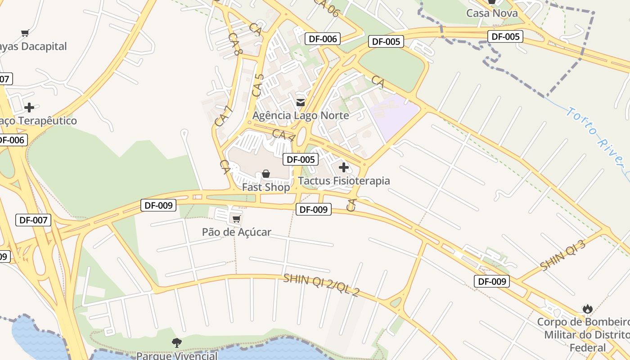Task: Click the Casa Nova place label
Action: (492, 13)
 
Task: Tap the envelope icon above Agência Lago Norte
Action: (301, 103)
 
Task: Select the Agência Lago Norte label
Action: (301, 116)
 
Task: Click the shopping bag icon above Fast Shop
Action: (266, 174)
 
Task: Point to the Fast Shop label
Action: (266, 187)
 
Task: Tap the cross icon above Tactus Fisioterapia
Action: (344, 168)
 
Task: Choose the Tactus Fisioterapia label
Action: (344, 181)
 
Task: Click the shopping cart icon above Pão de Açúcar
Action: (236, 219)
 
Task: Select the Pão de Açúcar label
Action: (236, 232)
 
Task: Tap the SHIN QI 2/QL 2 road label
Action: (321, 285)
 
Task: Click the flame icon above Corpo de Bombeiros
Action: (587, 309)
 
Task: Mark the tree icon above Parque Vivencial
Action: (177, 343)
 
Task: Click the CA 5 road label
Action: (258, 85)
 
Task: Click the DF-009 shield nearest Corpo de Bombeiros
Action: (492, 282)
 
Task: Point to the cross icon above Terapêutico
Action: (29, 108)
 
